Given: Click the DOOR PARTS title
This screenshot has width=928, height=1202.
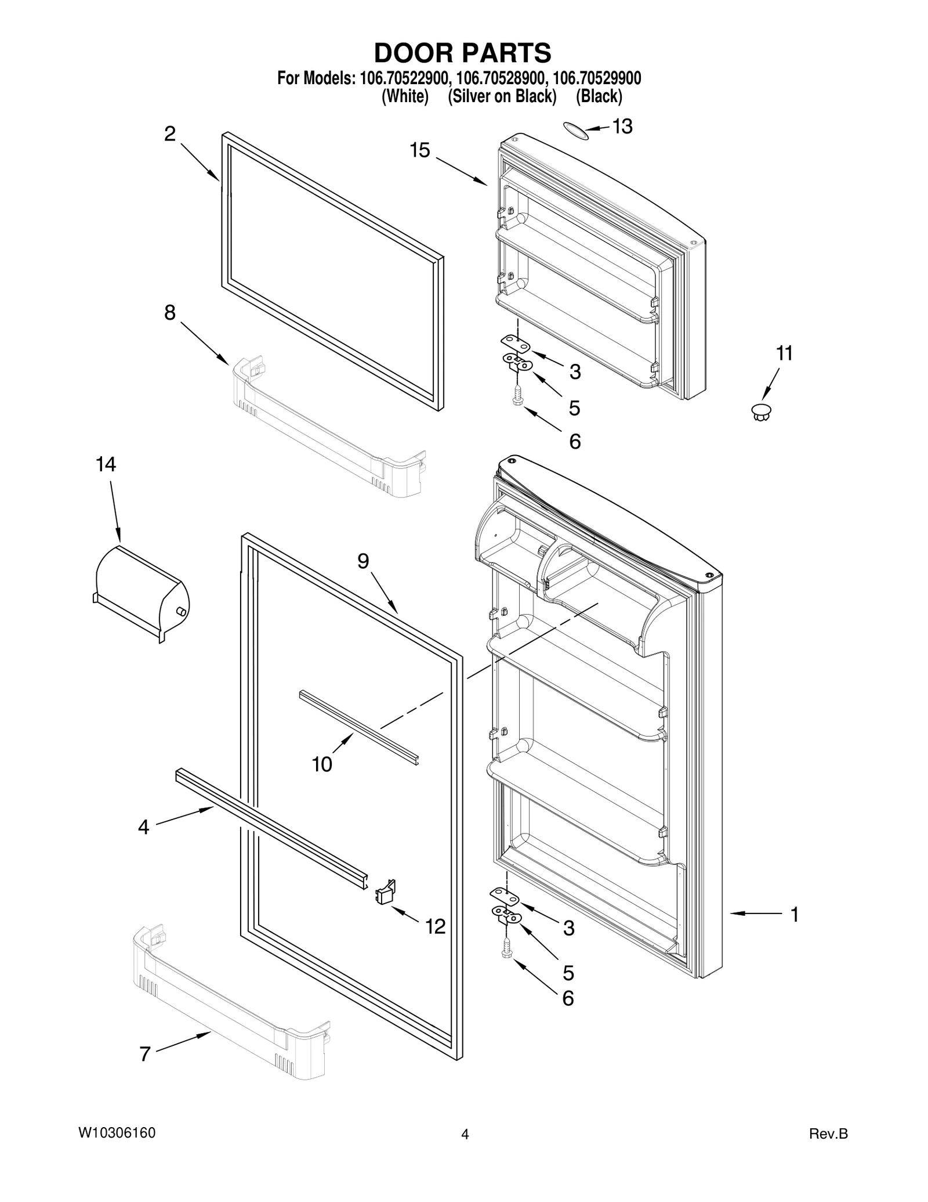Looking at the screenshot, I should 462,53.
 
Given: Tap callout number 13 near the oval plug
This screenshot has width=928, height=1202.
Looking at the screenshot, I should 622,127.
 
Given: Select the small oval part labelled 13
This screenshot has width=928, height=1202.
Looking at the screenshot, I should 575,131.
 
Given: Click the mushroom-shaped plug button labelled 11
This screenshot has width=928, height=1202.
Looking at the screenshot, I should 761,412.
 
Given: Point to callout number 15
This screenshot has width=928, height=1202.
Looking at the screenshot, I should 420,150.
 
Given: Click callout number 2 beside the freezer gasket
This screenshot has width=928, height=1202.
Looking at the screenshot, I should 169,134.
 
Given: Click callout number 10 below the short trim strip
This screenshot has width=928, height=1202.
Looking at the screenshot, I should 322,764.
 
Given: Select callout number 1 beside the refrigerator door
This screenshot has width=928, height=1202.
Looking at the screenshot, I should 795,915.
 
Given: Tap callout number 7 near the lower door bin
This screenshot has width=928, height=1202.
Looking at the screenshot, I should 145,1054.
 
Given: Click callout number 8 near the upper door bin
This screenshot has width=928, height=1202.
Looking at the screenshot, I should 169,313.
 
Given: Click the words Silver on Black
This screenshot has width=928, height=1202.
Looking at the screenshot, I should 502,96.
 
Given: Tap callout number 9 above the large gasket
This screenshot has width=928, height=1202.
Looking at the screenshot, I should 363,561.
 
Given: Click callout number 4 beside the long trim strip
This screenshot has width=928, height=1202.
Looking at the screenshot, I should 143,826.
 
